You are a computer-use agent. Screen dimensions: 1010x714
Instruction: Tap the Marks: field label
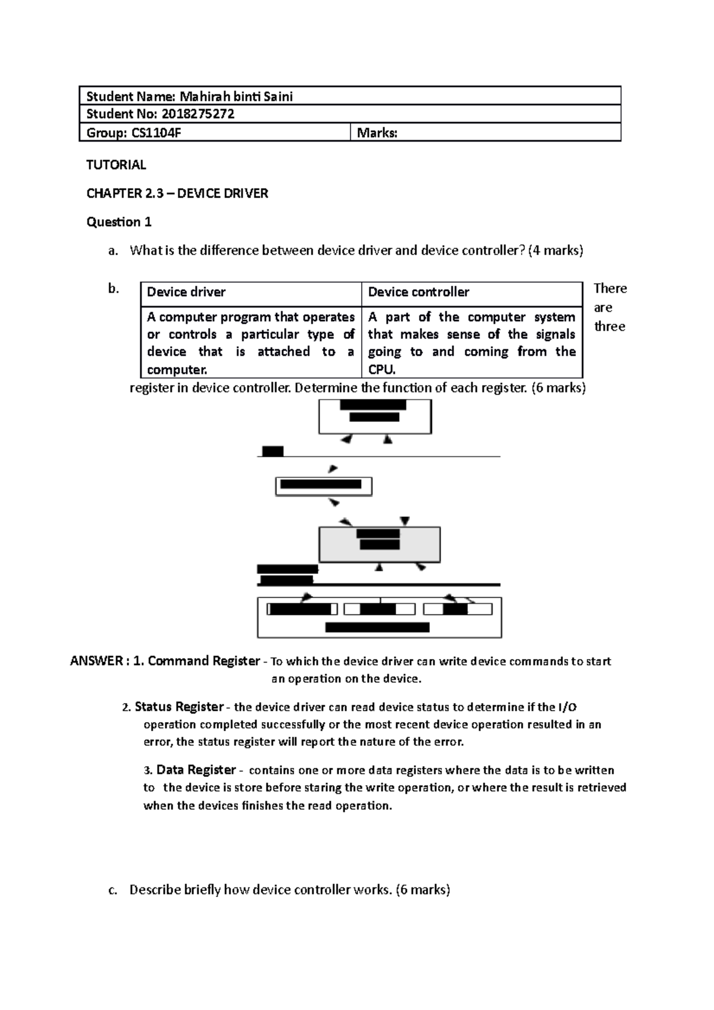tap(377, 133)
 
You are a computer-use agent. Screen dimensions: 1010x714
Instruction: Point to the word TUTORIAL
tap(116, 165)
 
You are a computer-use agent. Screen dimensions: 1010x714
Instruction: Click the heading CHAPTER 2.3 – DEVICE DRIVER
tap(177, 193)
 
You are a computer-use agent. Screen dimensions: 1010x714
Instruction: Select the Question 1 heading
tap(119, 222)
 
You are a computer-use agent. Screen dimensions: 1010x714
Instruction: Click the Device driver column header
tap(186, 292)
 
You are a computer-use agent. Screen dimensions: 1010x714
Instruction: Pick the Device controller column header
tap(418, 292)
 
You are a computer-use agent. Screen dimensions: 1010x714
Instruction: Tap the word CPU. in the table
tap(381, 369)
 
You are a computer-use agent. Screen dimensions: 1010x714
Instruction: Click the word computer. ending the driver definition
tap(177, 369)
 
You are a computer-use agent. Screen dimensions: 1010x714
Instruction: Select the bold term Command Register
tap(203, 661)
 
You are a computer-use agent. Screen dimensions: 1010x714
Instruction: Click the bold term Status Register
tap(179, 707)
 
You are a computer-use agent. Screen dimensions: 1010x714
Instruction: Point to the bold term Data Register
tap(196, 770)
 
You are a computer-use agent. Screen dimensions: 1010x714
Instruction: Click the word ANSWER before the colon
tap(95, 661)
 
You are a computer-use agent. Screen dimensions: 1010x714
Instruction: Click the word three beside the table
tap(610, 327)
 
